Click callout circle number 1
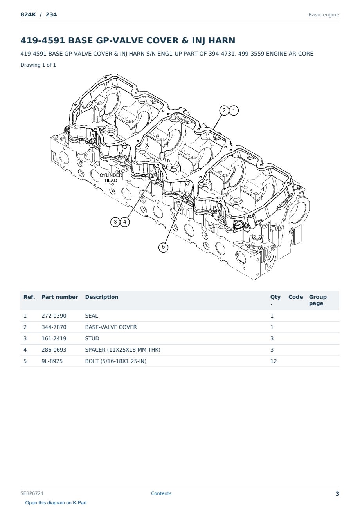coord(234,111)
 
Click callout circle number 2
coord(224,110)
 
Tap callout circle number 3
coord(115,222)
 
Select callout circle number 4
coord(125,222)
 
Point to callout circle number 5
coord(163,247)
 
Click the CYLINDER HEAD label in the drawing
coord(111,178)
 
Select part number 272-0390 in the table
coord(54,316)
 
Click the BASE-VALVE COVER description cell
coord(111,327)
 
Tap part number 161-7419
coord(54,339)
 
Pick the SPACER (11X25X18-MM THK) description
coord(122,350)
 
